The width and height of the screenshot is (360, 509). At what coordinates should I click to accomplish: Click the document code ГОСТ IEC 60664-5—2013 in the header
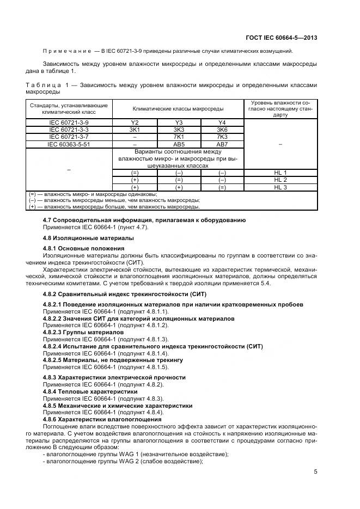(281, 38)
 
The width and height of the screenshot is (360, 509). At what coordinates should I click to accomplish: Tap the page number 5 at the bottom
(315, 472)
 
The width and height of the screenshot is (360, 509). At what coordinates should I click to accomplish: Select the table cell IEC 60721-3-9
(69, 123)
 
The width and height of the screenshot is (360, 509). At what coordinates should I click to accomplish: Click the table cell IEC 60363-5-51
(69, 144)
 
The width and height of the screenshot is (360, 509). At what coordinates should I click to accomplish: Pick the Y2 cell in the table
(135, 123)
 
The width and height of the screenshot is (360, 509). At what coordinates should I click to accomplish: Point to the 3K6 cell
(222, 130)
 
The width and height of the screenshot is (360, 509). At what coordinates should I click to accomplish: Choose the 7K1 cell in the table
(178, 137)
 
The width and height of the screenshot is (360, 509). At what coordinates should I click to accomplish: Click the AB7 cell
(222, 144)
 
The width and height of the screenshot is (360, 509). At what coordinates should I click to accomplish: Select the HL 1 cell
(280, 173)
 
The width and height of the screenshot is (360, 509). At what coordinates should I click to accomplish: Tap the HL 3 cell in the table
(280, 187)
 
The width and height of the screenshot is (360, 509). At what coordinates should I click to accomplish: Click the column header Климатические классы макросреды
(178, 109)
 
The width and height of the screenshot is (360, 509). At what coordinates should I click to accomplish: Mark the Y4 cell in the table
(222, 123)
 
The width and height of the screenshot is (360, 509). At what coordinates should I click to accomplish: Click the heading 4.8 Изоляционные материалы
(80, 238)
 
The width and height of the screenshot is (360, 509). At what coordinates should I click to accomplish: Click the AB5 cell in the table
(178, 144)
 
